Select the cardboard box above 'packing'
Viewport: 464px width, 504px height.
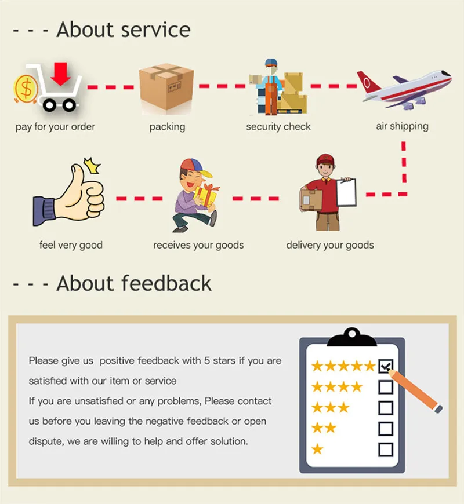[166, 89]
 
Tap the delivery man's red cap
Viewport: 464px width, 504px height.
[326, 159]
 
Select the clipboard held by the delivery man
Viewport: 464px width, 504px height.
[346, 192]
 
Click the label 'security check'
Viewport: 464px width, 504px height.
[278, 127]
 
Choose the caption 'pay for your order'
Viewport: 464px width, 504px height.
[55, 127]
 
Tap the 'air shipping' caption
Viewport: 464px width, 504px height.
[402, 126]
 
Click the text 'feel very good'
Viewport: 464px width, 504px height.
[71, 245]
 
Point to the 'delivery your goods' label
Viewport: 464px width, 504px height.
[330, 245]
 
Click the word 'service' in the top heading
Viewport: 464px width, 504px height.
[156, 30]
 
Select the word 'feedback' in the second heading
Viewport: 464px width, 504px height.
[166, 283]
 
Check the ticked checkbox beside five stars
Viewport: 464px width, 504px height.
[386, 366]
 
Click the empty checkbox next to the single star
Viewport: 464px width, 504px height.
[386, 449]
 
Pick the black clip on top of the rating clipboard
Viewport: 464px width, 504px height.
[351, 335]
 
